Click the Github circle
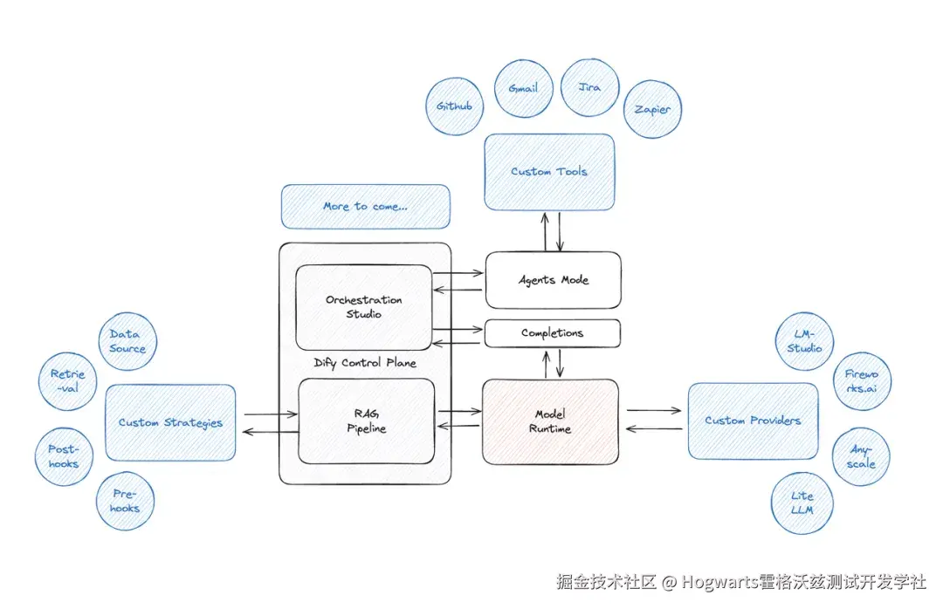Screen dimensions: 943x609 455,106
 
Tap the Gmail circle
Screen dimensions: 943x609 523,88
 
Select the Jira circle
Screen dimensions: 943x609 590,87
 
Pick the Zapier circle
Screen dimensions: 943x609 652,109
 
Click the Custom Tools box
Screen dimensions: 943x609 550,172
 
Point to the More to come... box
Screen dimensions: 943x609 366,207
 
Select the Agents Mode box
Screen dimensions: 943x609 554,280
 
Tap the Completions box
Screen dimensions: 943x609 553,333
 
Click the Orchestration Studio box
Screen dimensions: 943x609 364,307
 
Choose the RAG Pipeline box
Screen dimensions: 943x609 366,421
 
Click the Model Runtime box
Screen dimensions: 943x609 550,421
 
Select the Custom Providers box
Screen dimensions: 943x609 753,421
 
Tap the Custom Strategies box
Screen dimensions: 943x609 170,422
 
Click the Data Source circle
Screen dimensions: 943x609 127,341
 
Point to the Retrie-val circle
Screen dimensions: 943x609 68,381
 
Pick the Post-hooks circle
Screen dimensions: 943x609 64,457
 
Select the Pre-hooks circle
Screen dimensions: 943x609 125,502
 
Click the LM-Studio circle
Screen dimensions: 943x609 805,341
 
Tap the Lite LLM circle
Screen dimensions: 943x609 802,503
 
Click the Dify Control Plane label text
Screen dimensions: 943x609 365,363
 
